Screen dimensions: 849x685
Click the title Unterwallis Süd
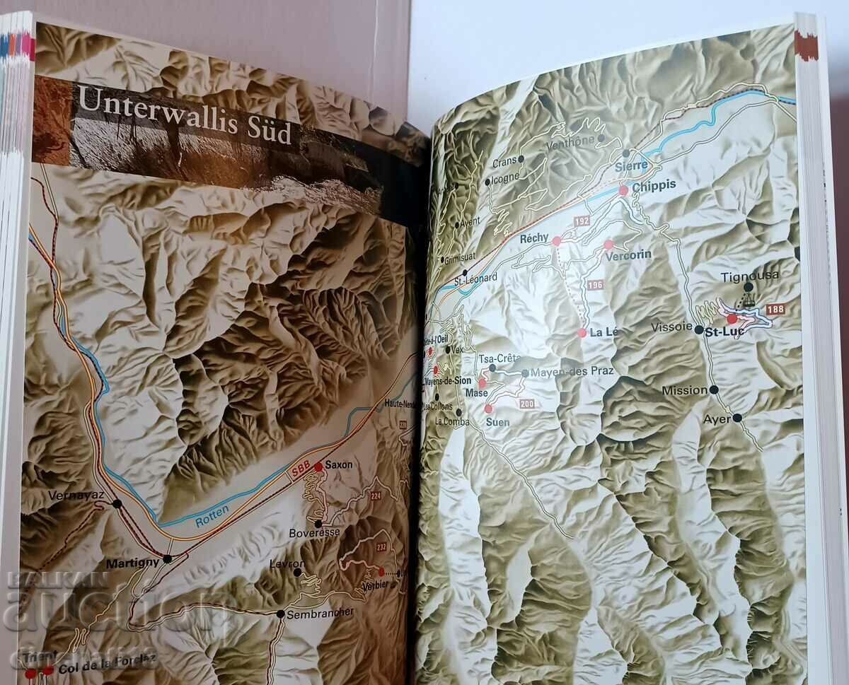(184, 117)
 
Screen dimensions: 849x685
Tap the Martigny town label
(130, 564)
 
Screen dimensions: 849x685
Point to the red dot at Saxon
(318, 467)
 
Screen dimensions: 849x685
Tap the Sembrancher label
(320, 612)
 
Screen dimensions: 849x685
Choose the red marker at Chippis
(623, 190)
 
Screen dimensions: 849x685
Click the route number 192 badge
(582, 221)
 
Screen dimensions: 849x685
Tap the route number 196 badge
(594, 284)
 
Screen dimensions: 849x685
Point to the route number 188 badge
(775, 309)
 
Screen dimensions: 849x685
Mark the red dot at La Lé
(582, 332)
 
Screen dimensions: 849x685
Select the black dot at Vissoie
(698, 329)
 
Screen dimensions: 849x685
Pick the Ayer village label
(716, 418)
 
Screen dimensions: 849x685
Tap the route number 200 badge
(526, 404)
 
